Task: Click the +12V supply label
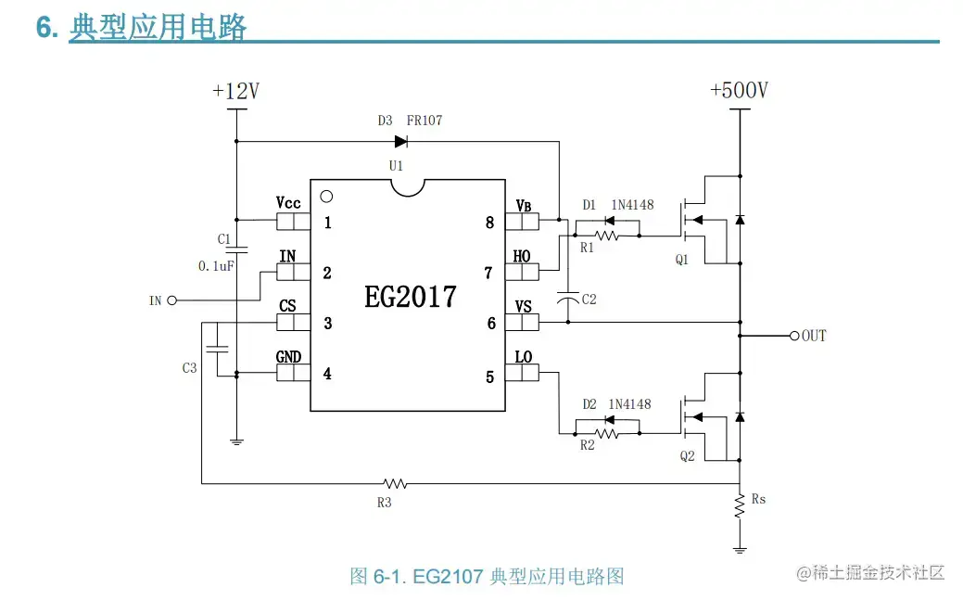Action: tap(235, 91)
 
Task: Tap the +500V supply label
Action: tap(739, 90)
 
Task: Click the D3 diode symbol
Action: tap(401, 142)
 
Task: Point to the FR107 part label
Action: tap(424, 121)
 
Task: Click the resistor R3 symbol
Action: tap(396, 483)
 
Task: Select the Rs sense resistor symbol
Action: tap(740, 505)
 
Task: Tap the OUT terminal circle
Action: tap(793, 335)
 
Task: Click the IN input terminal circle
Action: tap(171, 300)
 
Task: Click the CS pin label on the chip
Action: tap(287, 305)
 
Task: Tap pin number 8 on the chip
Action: tap(489, 223)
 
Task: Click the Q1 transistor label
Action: tap(682, 260)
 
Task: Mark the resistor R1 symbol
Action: tap(607, 236)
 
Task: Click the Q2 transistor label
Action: tap(687, 455)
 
